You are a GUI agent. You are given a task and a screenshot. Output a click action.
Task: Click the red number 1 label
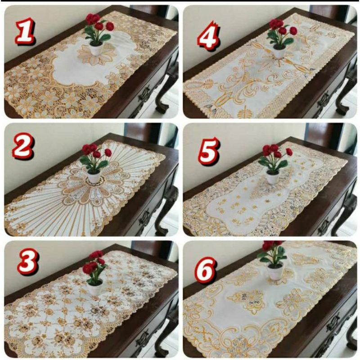[x=25, y=31]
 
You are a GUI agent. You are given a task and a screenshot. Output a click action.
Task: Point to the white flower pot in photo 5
[x=272, y=177]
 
